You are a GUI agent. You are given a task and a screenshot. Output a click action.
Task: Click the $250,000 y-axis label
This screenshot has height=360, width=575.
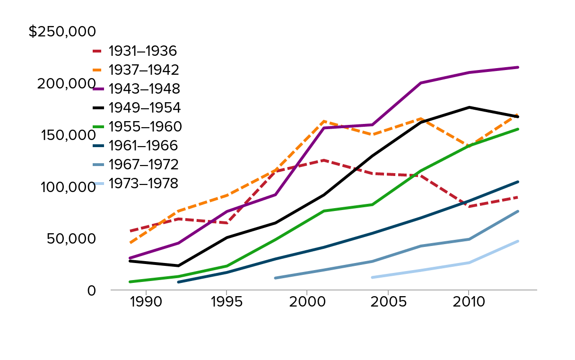(x=62, y=32)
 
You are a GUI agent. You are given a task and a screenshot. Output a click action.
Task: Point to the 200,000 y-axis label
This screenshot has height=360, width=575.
(x=67, y=83)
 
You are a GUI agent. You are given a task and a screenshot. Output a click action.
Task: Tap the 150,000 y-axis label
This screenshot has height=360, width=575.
(x=68, y=135)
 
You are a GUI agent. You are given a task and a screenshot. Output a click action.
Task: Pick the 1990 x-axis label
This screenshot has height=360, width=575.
(x=146, y=302)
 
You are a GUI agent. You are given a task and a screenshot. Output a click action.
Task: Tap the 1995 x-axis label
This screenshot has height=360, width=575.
(x=227, y=302)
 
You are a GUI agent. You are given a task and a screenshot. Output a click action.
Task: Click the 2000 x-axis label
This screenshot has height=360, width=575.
(x=307, y=302)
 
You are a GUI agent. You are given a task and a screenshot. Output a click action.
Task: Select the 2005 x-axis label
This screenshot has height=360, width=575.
(x=388, y=302)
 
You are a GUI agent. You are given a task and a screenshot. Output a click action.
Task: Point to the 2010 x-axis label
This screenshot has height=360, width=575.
(x=468, y=302)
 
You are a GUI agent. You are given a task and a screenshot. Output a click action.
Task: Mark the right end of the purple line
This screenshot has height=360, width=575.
(x=518, y=67)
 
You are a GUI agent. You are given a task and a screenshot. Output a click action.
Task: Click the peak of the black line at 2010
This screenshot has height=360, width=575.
(x=468, y=107)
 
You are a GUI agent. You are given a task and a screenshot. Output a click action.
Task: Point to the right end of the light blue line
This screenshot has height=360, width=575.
(x=518, y=241)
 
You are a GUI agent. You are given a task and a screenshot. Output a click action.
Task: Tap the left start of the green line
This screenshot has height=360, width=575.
(x=130, y=282)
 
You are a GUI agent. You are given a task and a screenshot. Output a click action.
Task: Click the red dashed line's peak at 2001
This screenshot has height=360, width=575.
(x=323, y=160)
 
